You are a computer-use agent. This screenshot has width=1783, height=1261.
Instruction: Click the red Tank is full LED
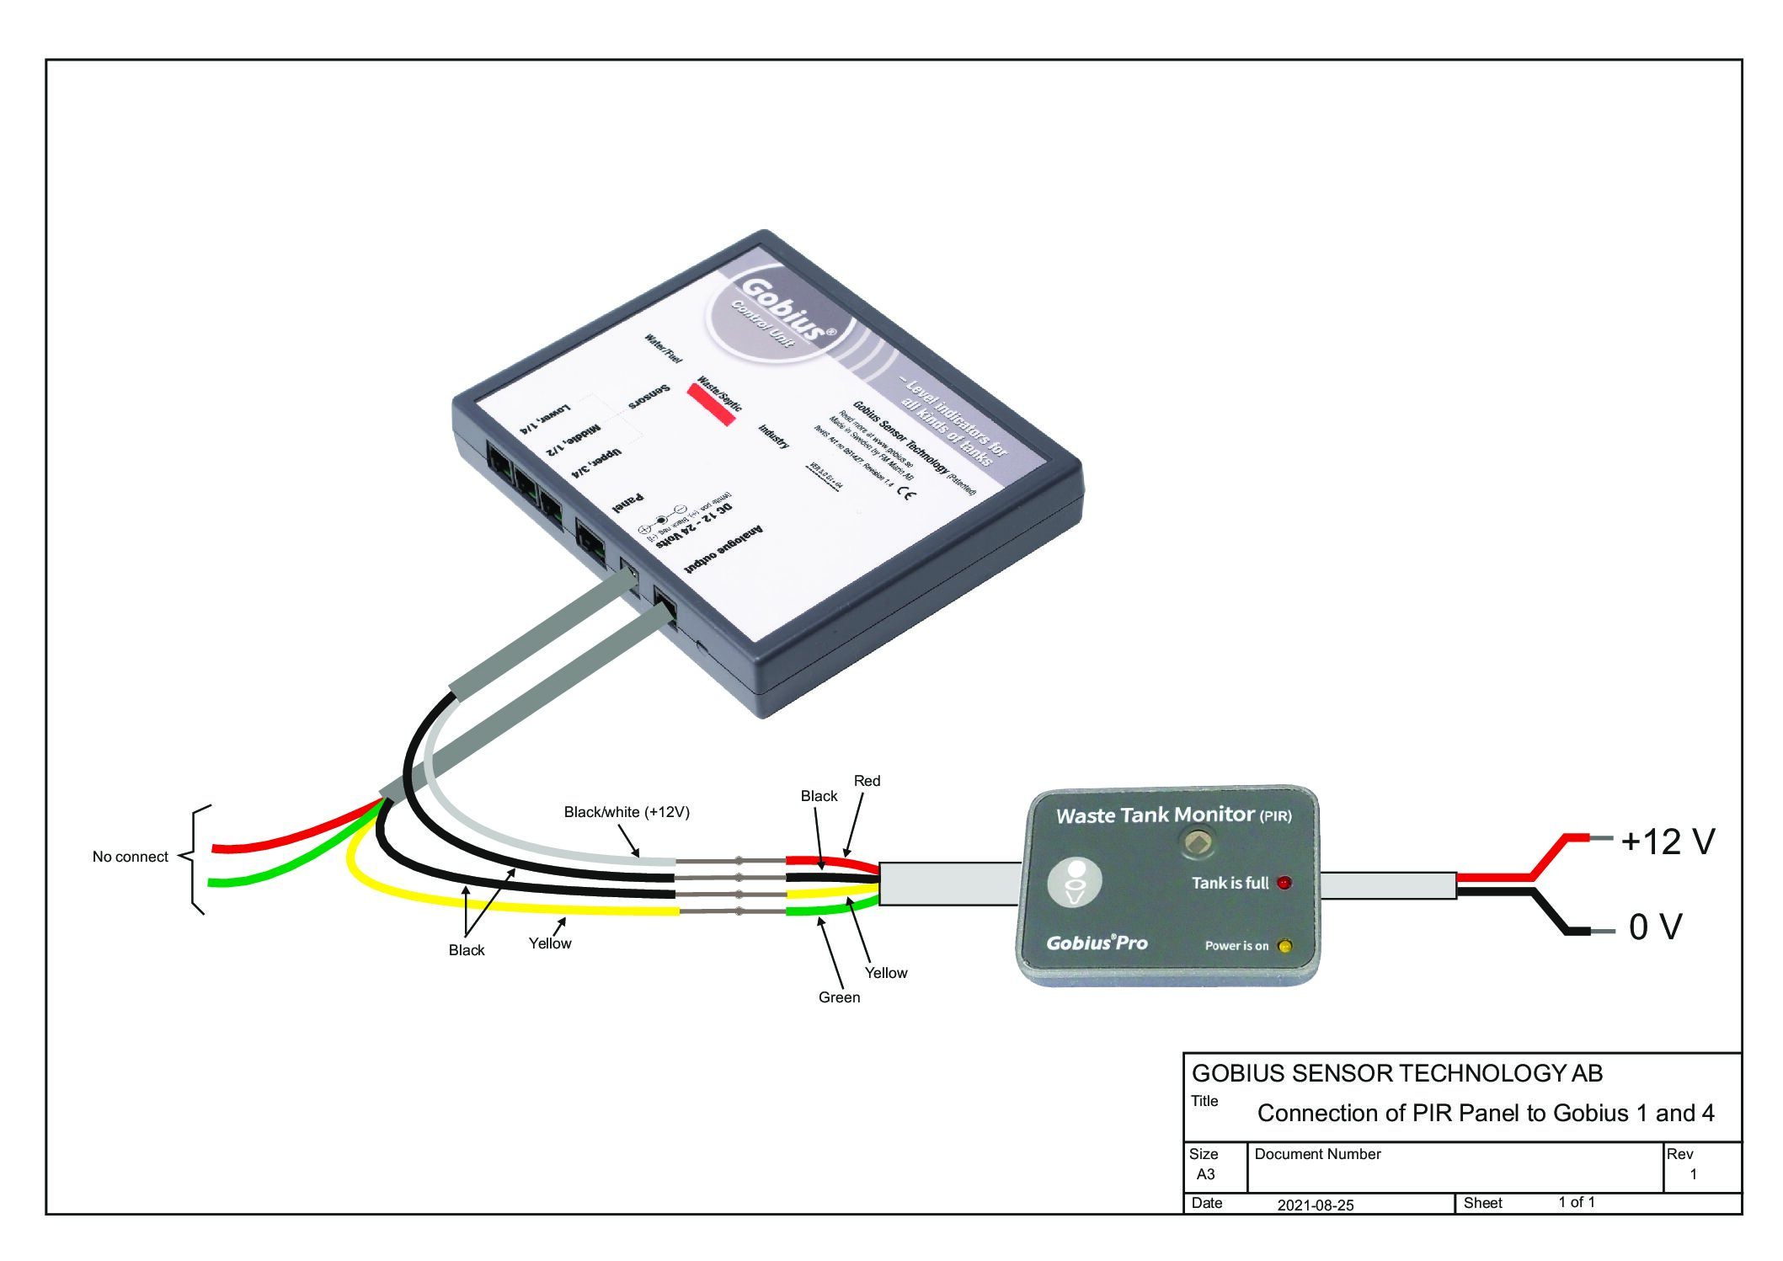coord(1284,883)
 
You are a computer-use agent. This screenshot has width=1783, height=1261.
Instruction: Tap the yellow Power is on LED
coord(1284,946)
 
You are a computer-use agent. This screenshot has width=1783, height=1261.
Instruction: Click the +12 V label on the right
coord(1667,842)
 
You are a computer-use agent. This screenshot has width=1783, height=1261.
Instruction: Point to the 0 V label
coord(1655,927)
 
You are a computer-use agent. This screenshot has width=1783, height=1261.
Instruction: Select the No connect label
coord(130,857)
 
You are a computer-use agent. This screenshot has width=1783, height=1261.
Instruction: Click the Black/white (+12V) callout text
coord(626,812)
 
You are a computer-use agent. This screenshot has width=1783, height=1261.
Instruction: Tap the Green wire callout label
coord(839,997)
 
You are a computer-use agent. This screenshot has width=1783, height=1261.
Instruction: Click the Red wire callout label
coord(867,781)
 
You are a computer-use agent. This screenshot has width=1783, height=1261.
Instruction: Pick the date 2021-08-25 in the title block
coord(1315,1205)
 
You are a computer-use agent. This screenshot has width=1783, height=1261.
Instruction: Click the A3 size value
coord(1205,1174)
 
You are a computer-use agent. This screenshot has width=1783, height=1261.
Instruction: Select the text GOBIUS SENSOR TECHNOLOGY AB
coord(1396,1073)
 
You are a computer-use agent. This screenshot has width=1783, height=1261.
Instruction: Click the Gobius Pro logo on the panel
coord(1097,943)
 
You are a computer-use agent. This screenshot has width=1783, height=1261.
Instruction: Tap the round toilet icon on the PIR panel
coord(1075,882)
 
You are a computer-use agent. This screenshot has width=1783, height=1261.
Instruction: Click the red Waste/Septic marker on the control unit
coord(712,404)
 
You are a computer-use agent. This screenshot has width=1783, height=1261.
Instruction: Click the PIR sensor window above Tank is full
coord(1198,842)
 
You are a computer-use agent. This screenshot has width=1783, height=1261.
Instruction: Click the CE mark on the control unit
coord(906,493)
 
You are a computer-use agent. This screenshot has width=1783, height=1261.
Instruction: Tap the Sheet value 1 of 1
coord(1576,1202)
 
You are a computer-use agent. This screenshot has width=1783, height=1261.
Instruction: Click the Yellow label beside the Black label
coord(549,943)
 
